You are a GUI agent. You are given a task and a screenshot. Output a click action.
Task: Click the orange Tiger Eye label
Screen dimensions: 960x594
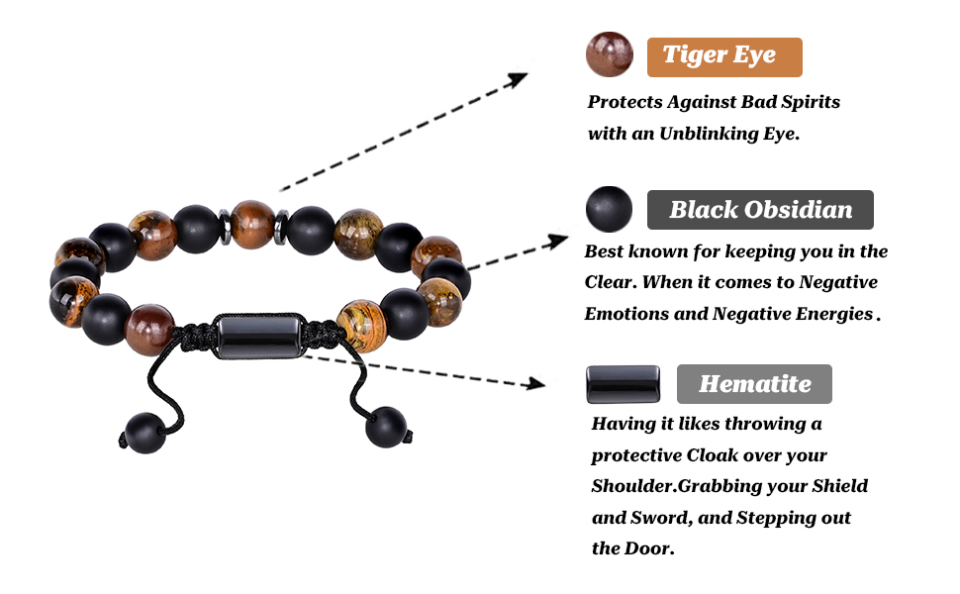(x=723, y=56)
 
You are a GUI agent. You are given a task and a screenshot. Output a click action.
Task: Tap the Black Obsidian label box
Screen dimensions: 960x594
(x=759, y=210)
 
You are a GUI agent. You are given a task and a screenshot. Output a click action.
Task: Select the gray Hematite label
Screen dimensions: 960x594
(x=754, y=384)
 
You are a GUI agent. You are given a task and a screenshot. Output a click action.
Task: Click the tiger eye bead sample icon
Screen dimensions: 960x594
(x=610, y=53)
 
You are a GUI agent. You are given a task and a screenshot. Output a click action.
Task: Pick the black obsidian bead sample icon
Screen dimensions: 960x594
(x=609, y=210)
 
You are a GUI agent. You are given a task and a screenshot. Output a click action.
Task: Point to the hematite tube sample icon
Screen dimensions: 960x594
(x=623, y=384)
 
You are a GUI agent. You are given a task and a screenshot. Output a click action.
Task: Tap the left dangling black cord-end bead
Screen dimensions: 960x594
(x=145, y=433)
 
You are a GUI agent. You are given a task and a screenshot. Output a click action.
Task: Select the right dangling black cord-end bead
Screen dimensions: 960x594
(x=386, y=427)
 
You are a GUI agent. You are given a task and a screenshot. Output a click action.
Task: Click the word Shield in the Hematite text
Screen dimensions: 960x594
(x=837, y=487)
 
